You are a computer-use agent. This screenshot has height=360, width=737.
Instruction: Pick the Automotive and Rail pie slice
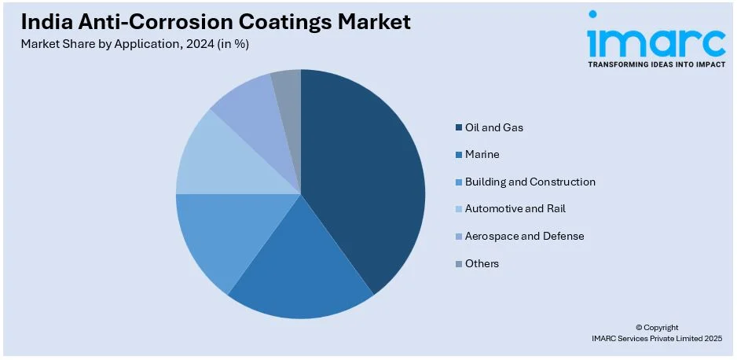coord(216,161)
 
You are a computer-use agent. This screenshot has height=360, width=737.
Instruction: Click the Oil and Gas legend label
coord(494,127)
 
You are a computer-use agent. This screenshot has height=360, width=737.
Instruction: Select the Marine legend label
coord(482,155)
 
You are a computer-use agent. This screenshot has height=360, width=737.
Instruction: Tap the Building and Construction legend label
coord(530,182)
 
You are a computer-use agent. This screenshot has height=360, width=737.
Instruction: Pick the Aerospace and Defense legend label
coord(524,236)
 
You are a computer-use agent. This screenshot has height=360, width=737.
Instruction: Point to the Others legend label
coord(482,263)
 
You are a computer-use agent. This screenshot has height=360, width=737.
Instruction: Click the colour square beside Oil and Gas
coord(458,128)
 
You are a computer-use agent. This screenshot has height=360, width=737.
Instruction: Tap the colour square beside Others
coord(458,264)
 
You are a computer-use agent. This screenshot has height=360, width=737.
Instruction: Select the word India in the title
coord(46,22)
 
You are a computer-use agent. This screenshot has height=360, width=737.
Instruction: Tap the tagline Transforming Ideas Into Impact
coord(656,64)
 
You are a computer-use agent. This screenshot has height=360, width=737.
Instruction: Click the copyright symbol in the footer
coord(639,327)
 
